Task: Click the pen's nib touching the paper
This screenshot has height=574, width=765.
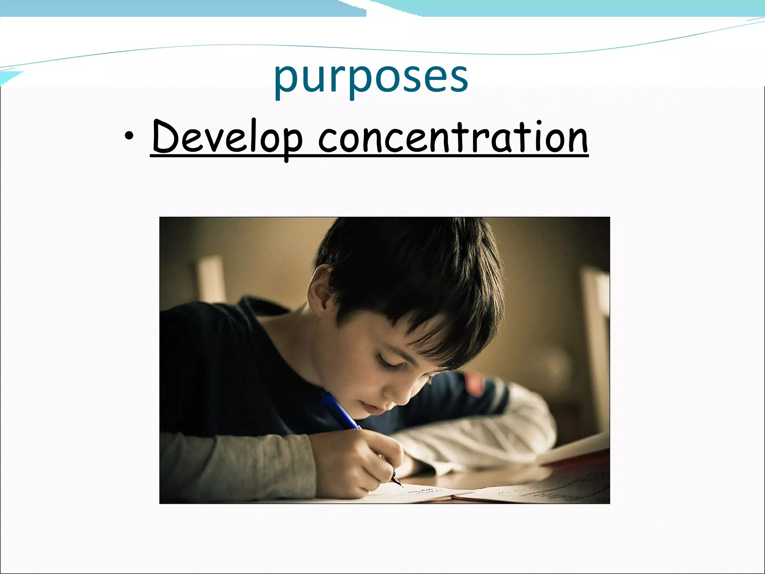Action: pos(401,485)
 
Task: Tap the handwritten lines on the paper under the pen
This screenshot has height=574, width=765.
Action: pos(422,491)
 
